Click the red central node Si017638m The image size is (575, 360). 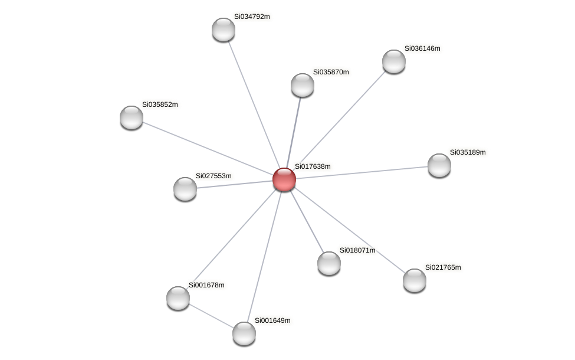click(284, 179)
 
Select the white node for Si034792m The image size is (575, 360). click(224, 30)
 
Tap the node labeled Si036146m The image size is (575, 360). click(394, 61)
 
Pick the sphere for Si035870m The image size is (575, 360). click(303, 85)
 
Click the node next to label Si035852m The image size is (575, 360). click(132, 117)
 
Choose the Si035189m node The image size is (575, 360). click(439, 165)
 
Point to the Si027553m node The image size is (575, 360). click(185, 189)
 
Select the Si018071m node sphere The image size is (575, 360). click(329, 263)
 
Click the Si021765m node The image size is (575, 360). click(415, 280)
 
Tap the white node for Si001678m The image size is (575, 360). click(178, 298)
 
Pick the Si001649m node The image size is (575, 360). click(244, 333)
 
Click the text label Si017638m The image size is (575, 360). click(313, 166)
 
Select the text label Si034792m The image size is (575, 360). click(252, 17)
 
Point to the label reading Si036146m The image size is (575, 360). click(422, 48)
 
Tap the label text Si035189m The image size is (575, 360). click(468, 152)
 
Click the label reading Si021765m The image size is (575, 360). click(443, 267)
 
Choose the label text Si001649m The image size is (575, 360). click(272, 320)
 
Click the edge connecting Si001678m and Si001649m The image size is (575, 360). click(211, 316)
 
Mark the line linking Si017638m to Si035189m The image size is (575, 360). click(362, 172)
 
